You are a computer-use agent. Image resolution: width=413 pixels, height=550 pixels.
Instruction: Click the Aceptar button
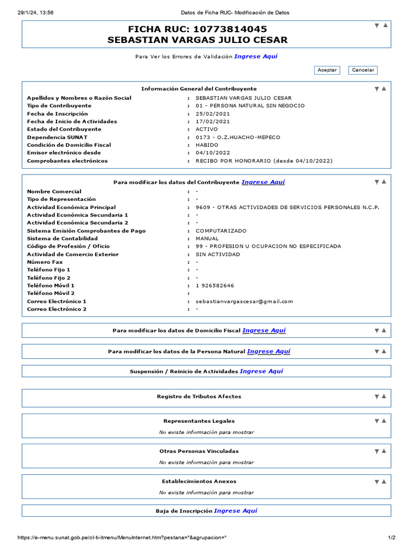click(x=327, y=70)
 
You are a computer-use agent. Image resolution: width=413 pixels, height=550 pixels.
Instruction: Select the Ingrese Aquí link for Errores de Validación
click(x=256, y=56)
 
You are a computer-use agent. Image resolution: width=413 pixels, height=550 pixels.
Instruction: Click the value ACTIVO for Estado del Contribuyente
click(x=206, y=129)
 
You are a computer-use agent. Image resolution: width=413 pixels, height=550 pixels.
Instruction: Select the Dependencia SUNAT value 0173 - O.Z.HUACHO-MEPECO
click(x=238, y=137)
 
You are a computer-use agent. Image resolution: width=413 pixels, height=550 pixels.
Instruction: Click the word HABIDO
click(x=207, y=145)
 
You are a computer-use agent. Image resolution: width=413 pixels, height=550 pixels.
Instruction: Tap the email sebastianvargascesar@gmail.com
click(x=244, y=301)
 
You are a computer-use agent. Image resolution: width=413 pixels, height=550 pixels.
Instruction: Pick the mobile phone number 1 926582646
click(x=215, y=286)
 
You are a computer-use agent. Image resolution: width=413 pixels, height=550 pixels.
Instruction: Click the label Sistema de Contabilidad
click(x=62, y=238)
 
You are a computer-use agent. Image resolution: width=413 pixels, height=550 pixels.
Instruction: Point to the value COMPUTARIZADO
click(x=221, y=231)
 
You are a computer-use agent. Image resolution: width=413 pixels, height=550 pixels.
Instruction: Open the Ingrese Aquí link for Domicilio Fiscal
click(x=264, y=331)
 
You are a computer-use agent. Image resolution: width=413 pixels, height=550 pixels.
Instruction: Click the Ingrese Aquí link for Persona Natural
click(x=268, y=352)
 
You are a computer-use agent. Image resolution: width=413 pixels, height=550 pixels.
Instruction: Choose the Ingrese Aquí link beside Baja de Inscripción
click(x=236, y=511)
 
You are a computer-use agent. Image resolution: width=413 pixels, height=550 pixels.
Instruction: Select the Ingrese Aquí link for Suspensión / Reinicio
click(x=261, y=371)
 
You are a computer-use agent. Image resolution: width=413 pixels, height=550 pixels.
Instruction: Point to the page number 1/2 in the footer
click(x=391, y=538)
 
